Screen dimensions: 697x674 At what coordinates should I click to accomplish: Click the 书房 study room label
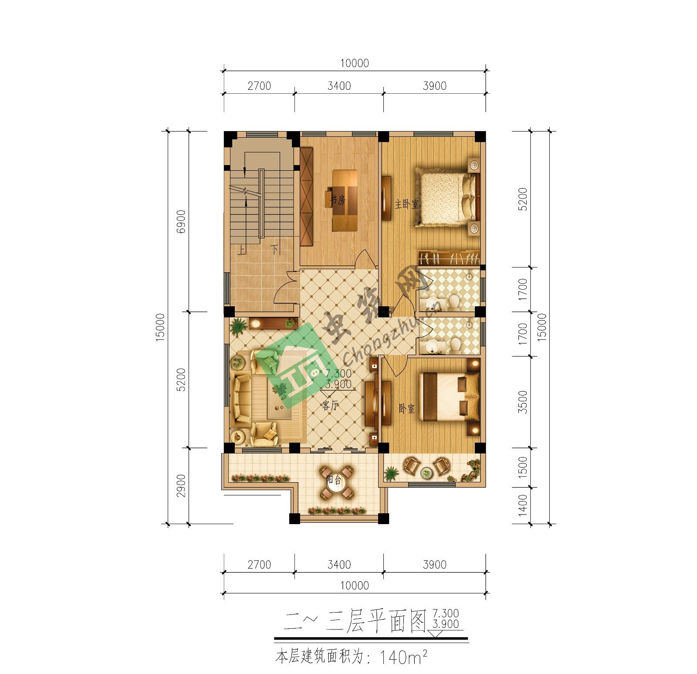click(337, 200)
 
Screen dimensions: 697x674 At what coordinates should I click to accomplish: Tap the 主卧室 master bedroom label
click(406, 204)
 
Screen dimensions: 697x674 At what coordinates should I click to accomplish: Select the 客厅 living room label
click(330, 406)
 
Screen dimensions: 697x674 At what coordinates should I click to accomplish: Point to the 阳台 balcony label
click(334, 480)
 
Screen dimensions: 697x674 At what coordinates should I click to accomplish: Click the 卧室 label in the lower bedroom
click(406, 409)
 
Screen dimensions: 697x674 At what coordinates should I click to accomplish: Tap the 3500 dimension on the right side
click(523, 402)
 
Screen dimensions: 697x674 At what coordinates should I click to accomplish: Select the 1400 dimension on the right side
click(523, 505)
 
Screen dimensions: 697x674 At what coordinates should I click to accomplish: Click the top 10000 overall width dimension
click(355, 64)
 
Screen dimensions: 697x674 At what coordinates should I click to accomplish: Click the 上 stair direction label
click(241, 250)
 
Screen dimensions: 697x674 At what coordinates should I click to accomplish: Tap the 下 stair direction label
click(275, 249)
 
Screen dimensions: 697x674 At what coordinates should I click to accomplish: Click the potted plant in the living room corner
click(238, 325)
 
